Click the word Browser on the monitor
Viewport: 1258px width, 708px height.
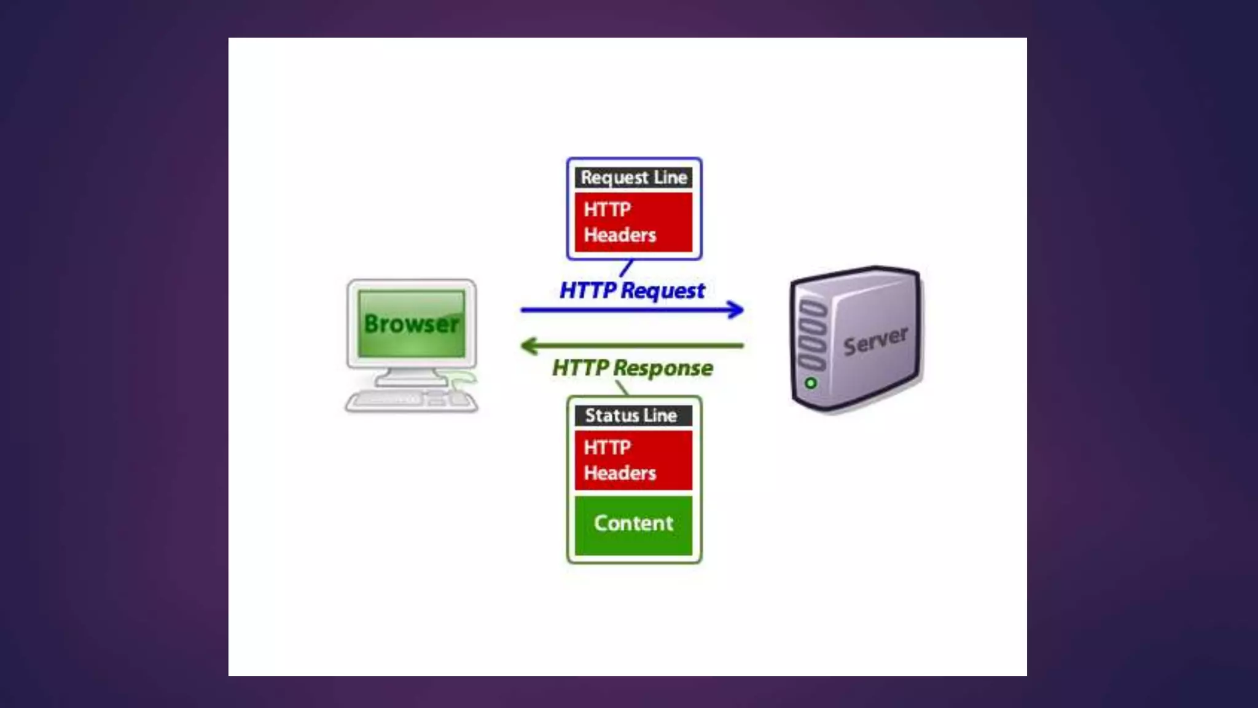pos(411,324)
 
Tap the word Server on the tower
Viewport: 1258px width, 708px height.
pos(875,340)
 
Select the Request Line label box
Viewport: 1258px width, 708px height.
pos(633,178)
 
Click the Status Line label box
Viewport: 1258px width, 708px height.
pos(633,415)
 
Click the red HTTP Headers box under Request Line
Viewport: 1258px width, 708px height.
pos(633,222)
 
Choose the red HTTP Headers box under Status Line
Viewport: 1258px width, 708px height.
pos(633,460)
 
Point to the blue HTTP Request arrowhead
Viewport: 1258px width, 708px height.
pos(736,309)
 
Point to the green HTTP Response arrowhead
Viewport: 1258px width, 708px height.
pos(529,346)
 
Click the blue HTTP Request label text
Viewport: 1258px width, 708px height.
pos(632,291)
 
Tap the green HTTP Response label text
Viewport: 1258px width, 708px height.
pos(632,368)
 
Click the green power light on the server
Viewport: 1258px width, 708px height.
pos(811,383)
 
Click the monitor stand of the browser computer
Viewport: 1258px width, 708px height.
pos(410,377)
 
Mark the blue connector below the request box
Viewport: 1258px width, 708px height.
pos(626,269)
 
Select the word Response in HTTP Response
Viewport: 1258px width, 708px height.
pos(663,368)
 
